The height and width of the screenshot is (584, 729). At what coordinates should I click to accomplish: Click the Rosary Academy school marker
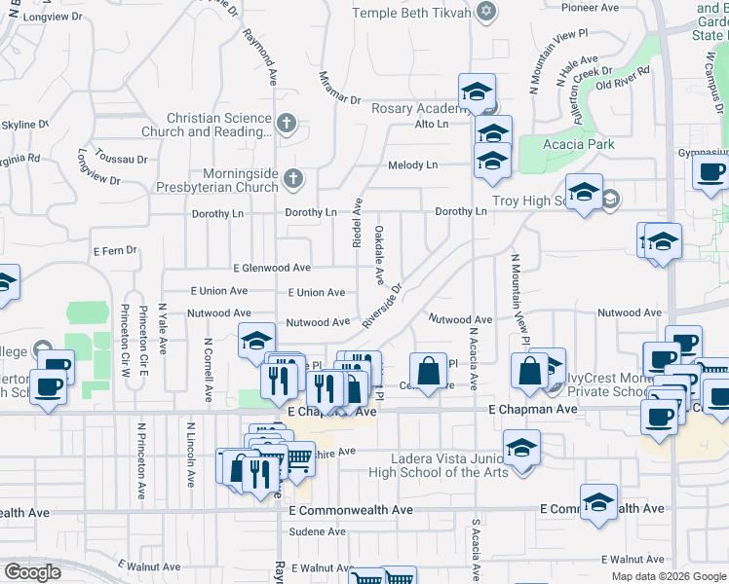477,92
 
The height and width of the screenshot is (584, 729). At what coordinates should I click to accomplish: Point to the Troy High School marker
584,192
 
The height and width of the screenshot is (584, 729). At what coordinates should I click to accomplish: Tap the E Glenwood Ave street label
272,268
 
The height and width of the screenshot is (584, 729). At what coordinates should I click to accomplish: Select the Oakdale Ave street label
378,255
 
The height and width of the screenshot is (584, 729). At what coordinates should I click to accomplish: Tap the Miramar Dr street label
340,88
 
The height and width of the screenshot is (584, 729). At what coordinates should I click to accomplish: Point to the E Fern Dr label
115,250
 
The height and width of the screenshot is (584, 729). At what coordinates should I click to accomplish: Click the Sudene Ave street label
312,532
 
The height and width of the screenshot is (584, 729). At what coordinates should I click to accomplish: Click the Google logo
32,572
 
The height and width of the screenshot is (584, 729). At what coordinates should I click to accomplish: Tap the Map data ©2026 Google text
668,576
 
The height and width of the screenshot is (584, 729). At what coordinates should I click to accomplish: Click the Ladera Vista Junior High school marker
521,449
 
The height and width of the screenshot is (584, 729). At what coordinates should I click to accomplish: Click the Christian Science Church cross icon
286,124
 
